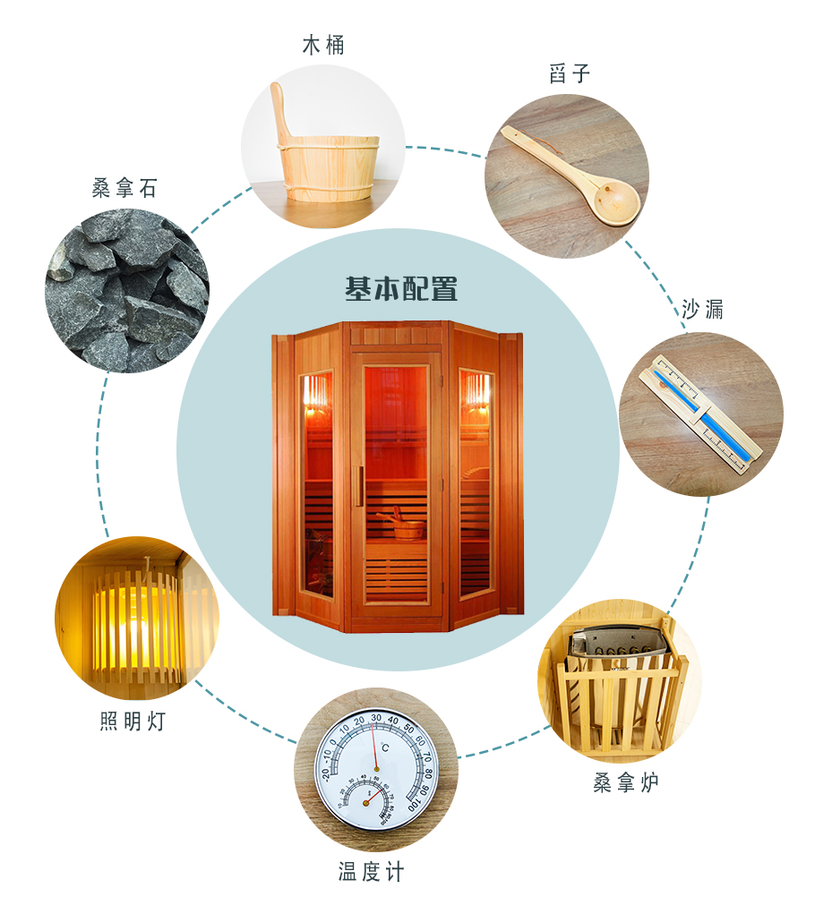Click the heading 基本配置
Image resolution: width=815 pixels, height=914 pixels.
point(401,289)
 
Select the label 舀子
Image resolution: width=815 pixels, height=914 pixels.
point(570,74)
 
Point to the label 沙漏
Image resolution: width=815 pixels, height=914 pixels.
point(702,311)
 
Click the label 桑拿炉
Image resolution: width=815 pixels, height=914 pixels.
point(626,782)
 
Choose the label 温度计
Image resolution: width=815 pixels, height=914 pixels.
point(371,871)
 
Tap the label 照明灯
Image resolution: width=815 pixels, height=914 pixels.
point(133,722)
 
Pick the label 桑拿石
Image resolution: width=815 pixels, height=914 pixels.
point(124,188)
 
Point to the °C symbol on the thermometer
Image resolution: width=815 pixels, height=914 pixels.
point(382,748)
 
